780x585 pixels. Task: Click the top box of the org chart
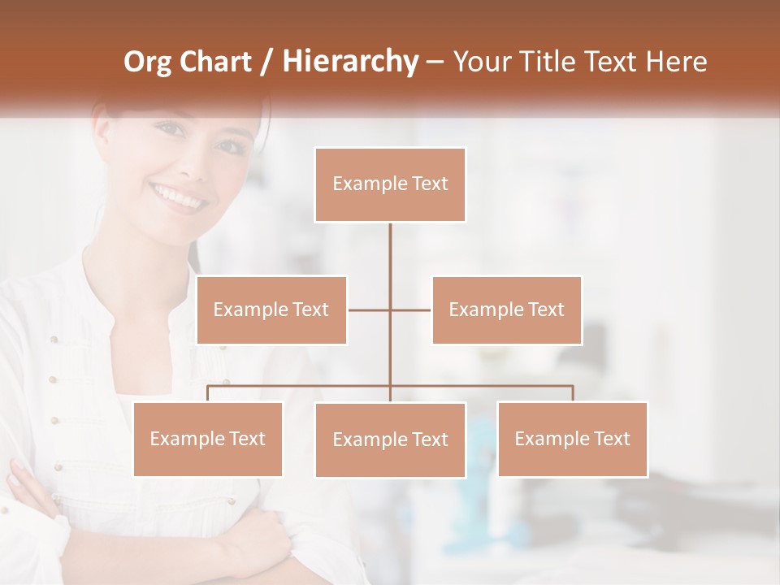click(390, 184)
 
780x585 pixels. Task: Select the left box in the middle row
click(271, 310)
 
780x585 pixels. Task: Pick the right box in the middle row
click(507, 310)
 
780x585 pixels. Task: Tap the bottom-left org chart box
click(208, 439)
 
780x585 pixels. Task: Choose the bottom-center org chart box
click(390, 440)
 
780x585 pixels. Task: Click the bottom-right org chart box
click(573, 439)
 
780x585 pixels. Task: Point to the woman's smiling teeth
click(175, 196)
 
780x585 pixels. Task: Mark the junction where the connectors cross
click(390, 310)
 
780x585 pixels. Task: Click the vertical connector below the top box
click(390, 260)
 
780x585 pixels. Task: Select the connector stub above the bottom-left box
click(208, 393)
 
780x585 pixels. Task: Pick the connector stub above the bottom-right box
click(573, 393)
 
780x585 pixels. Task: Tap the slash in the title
click(268, 62)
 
